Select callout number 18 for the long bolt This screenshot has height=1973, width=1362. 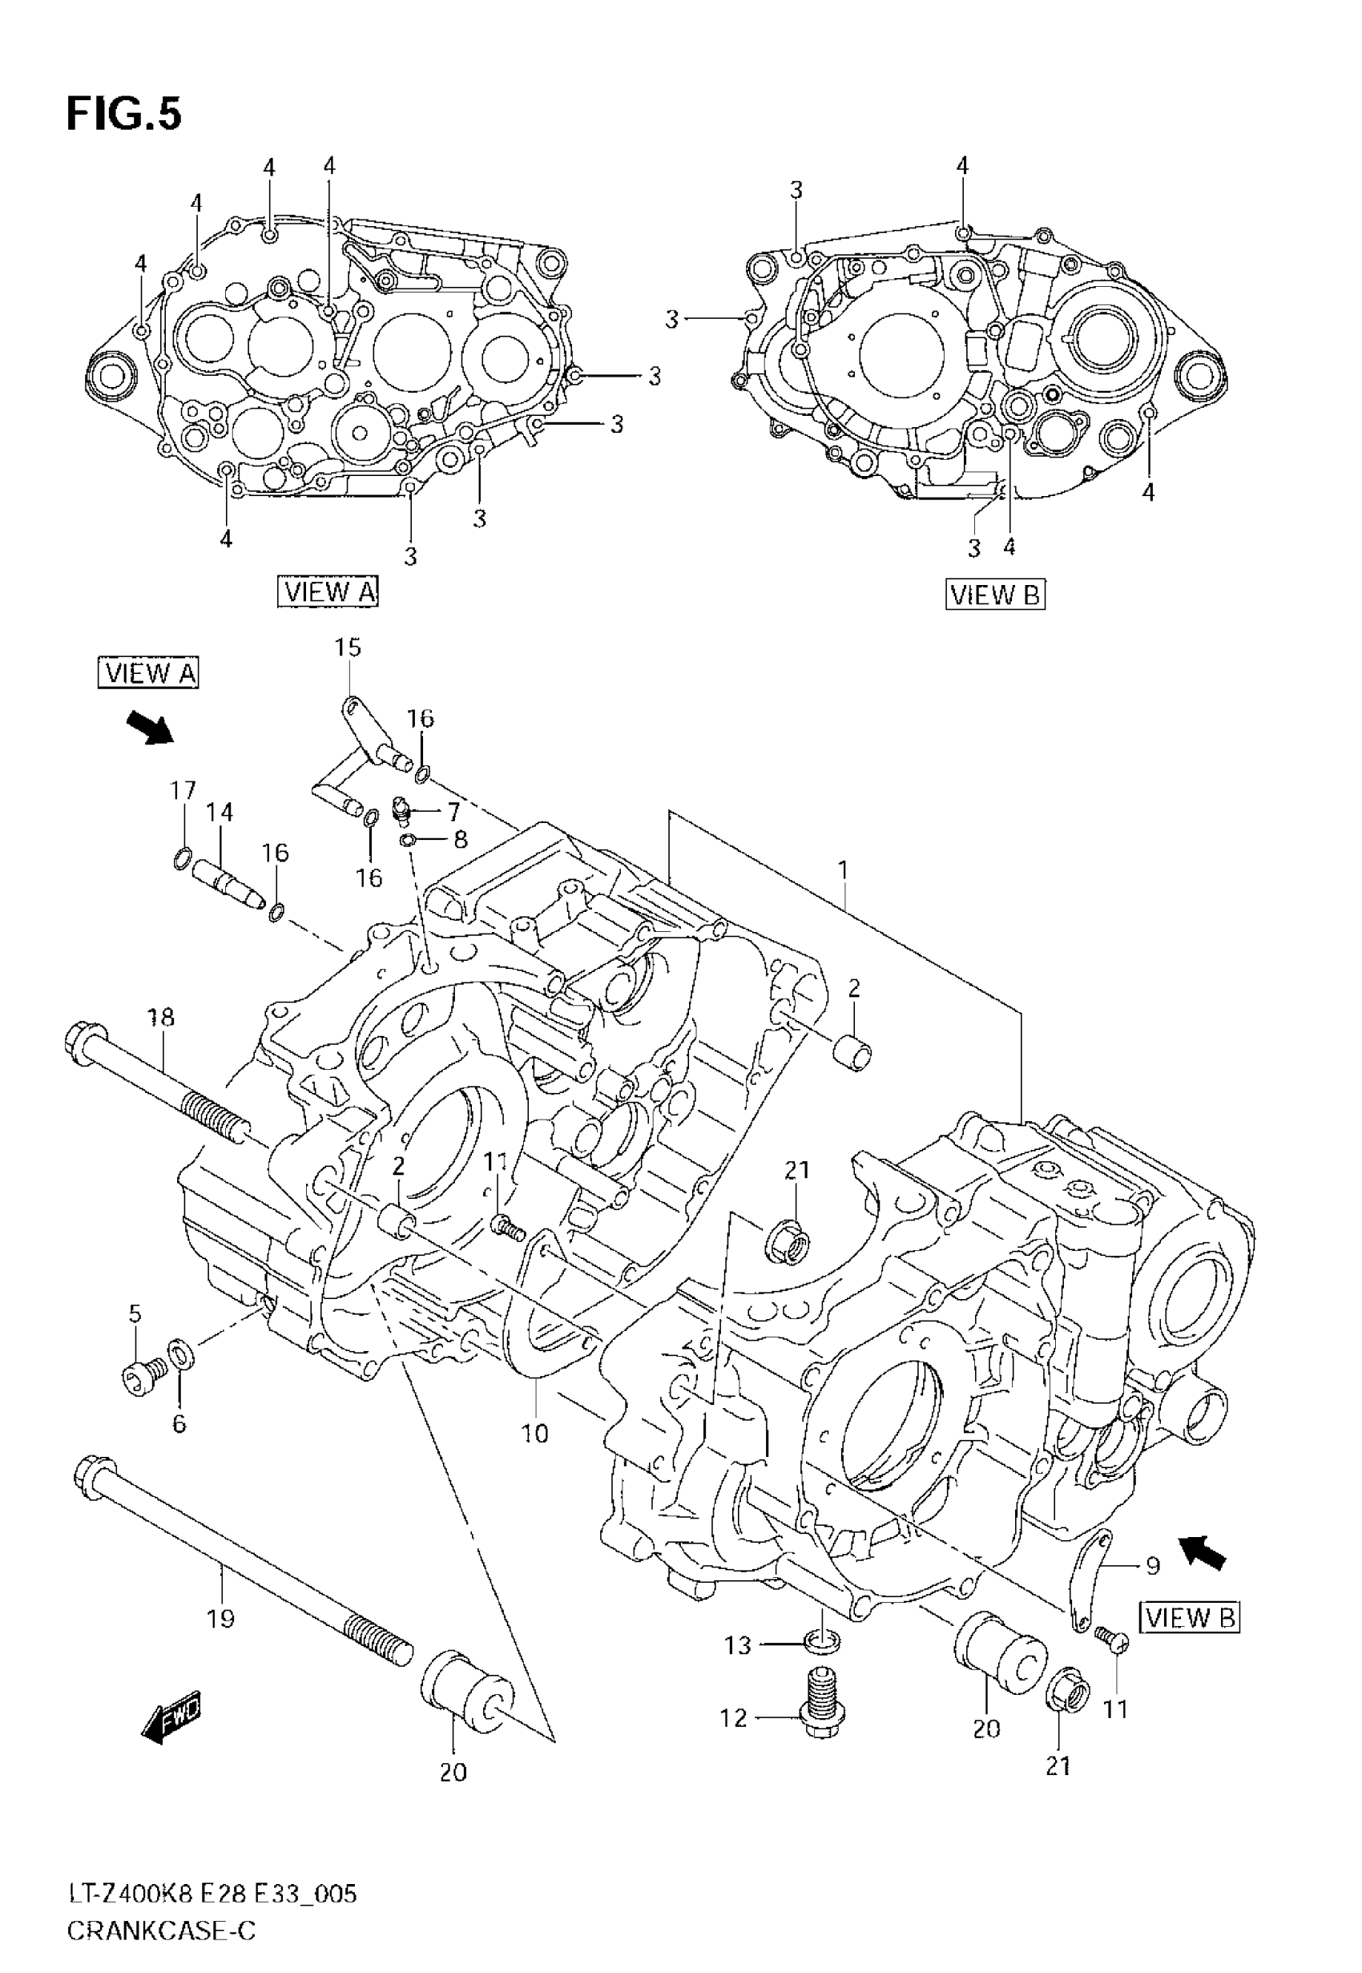pos(160,1016)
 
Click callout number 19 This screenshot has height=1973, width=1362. pos(221,1618)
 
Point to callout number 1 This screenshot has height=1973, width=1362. pos(842,870)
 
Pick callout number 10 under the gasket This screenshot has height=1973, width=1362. pos(535,1433)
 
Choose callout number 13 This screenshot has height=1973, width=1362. pos(738,1644)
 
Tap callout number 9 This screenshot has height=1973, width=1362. pos(1152,1565)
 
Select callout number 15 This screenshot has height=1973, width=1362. pos(348,648)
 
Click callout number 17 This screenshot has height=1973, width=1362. pos(183,790)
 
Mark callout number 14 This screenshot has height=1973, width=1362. pos(220,812)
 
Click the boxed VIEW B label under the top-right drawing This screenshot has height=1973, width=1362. pos(995,594)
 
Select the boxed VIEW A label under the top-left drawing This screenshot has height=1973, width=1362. pos(328,591)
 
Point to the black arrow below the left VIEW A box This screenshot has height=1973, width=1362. pos(149,727)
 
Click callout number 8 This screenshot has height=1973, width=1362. pos(460,840)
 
